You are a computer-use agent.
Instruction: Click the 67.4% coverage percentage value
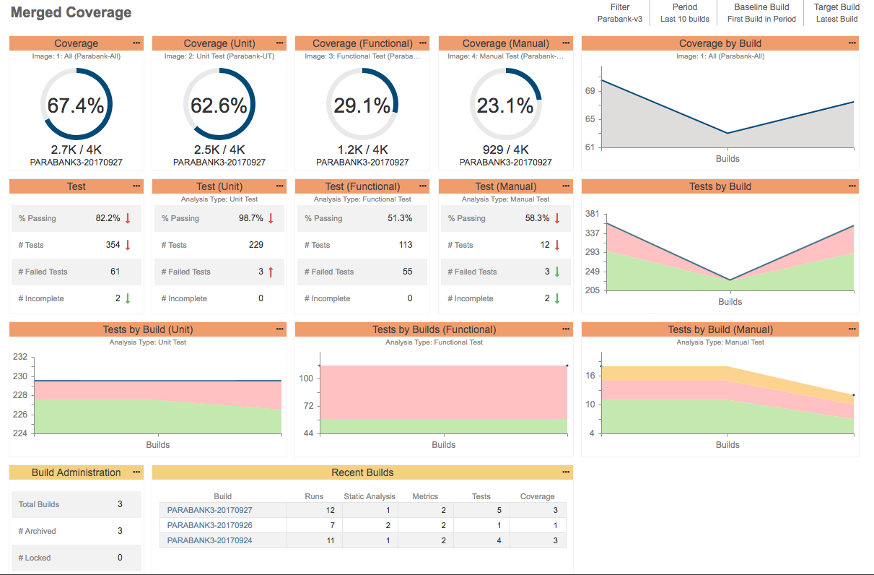point(76,106)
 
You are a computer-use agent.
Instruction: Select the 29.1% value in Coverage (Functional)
point(362,106)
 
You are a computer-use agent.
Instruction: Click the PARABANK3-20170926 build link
point(210,525)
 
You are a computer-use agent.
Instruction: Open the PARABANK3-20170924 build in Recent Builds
point(210,540)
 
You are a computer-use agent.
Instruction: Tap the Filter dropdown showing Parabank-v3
point(619,13)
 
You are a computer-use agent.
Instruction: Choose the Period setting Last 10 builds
point(684,13)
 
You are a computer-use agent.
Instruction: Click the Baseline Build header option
point(761,13)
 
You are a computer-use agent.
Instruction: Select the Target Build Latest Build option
point(836,13)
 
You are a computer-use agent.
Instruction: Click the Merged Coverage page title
point(71,13)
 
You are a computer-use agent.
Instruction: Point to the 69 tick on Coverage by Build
point(590,91)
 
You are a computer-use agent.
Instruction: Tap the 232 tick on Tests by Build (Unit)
point(20,357)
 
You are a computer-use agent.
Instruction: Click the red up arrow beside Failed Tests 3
point(271,272)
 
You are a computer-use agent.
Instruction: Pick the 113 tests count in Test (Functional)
point(406,245)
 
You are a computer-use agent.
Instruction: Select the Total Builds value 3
point(120,504)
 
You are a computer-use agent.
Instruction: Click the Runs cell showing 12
point(330,510)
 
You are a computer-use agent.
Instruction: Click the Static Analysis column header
point(370,496)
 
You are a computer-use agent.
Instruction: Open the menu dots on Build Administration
point(136,472)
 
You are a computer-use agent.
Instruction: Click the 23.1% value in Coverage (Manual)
point(505,106)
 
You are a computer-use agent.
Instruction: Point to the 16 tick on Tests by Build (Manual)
point(590,376)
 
